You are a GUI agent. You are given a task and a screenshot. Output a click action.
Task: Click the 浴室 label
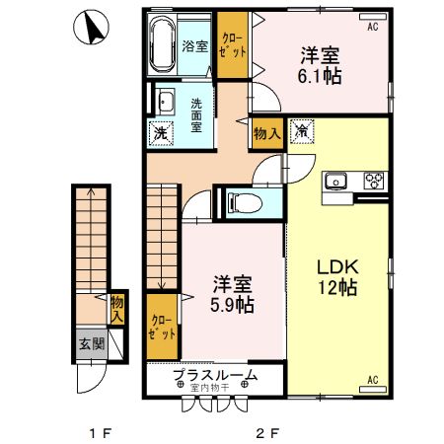195,46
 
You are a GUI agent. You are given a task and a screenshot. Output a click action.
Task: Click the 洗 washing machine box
160,133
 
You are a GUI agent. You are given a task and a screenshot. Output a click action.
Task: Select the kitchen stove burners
374,180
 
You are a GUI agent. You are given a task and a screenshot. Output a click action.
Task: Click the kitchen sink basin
336,180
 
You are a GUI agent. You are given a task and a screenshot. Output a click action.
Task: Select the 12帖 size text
336,288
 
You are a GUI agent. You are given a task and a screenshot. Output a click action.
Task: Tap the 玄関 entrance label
91,344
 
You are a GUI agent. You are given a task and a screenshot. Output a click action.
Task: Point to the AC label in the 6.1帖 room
373,28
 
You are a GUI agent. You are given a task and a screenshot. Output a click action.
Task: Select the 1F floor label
96,432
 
